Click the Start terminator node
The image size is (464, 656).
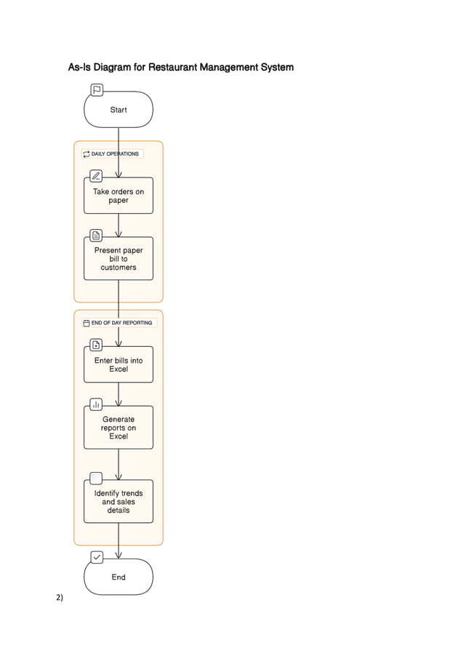(119, 110)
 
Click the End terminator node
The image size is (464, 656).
(119, 577)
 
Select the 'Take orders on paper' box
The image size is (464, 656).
(119, 196)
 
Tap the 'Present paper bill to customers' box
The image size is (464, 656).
(119, 259)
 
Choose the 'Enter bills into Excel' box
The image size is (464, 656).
(119, 364)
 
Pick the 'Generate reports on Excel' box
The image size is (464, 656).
(119, 428)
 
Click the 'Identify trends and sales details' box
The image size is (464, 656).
(119, 502)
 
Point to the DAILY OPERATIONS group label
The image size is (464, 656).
(113, 154)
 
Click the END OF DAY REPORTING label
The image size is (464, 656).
(120, 322)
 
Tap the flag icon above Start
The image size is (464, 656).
(97, 90)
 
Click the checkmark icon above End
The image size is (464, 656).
(97, 557)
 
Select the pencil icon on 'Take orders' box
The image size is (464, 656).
(96, 176)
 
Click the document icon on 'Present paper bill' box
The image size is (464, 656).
(96, 236)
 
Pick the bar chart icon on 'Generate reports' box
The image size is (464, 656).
(96, 404)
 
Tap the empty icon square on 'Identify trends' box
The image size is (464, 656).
(96, 478)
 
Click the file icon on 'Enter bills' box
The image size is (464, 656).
(96, 345)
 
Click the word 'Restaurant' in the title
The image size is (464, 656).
(173, 68)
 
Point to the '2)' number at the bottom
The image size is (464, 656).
(59, 598)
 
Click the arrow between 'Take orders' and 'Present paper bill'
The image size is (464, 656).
(119, 225)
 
